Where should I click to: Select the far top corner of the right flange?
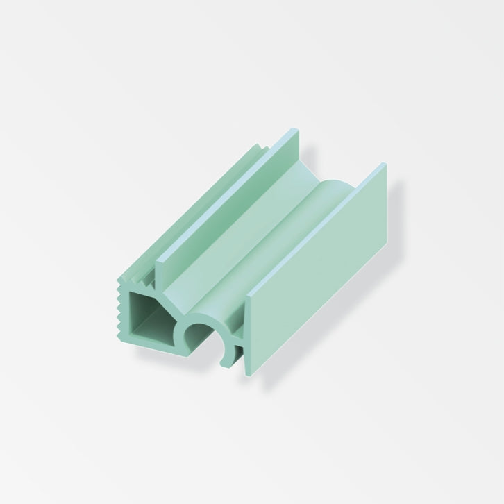point(384,166)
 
